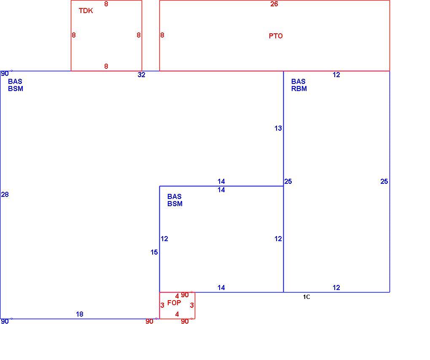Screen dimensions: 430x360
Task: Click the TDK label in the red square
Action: point(86,11)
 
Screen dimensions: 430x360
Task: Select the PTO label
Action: point(276,36)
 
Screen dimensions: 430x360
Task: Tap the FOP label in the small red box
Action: point(174,303)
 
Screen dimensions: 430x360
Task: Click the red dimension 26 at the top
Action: point(274,4)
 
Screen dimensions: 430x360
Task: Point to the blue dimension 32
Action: point(141,75)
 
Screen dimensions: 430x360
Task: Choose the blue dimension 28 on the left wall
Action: point(5,194)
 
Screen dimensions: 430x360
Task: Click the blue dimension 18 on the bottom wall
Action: point(80,314)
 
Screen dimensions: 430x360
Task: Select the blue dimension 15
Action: point(154,252)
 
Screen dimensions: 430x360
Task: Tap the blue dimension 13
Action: point(278,128)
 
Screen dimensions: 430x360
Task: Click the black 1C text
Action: point(306,297)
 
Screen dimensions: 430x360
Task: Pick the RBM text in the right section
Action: point(299,89)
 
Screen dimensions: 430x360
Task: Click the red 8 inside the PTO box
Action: point(162,35)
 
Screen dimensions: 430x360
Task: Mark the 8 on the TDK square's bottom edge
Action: point(106,66)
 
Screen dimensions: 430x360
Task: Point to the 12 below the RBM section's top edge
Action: point(336,75)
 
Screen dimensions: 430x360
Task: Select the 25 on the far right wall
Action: point(384,181)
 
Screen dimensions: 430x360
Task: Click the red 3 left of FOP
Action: point(162,305)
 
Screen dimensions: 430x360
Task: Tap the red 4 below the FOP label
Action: point(177,314)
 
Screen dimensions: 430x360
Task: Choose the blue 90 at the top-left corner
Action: point(5,73)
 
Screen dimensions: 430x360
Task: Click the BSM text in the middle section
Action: point(175,204)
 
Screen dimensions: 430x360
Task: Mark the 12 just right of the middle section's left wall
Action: point(164,239)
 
